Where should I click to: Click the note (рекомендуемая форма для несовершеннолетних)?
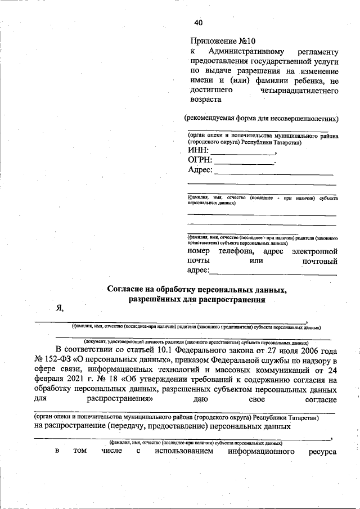[262, 118]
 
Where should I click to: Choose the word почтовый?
[319, 261]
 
